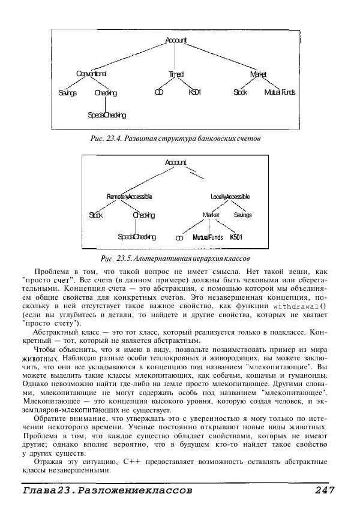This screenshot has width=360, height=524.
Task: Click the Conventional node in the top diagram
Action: (91, 74)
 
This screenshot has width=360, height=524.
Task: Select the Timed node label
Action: (176, 74)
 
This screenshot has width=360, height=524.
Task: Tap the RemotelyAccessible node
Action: (130, 197)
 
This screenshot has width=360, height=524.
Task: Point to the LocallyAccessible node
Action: (230, 197)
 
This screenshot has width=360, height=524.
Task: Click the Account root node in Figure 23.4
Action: (176, 40)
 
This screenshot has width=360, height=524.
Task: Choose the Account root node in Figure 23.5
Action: (176, 162)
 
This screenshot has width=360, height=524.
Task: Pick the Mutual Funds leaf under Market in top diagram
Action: (280, 93)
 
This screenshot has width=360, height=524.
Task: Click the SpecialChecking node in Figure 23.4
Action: (106, 115)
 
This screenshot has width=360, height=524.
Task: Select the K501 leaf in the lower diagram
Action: (236, 237)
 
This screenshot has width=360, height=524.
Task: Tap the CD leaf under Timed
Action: (159, 93)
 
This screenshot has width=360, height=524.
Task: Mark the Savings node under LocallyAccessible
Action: (242, 215)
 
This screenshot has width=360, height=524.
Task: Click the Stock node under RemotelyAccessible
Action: (96, 215)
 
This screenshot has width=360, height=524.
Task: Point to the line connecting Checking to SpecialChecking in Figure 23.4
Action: (106, 104)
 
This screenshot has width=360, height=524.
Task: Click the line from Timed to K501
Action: (185, 83)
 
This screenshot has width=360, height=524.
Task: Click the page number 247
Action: (328, 490)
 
